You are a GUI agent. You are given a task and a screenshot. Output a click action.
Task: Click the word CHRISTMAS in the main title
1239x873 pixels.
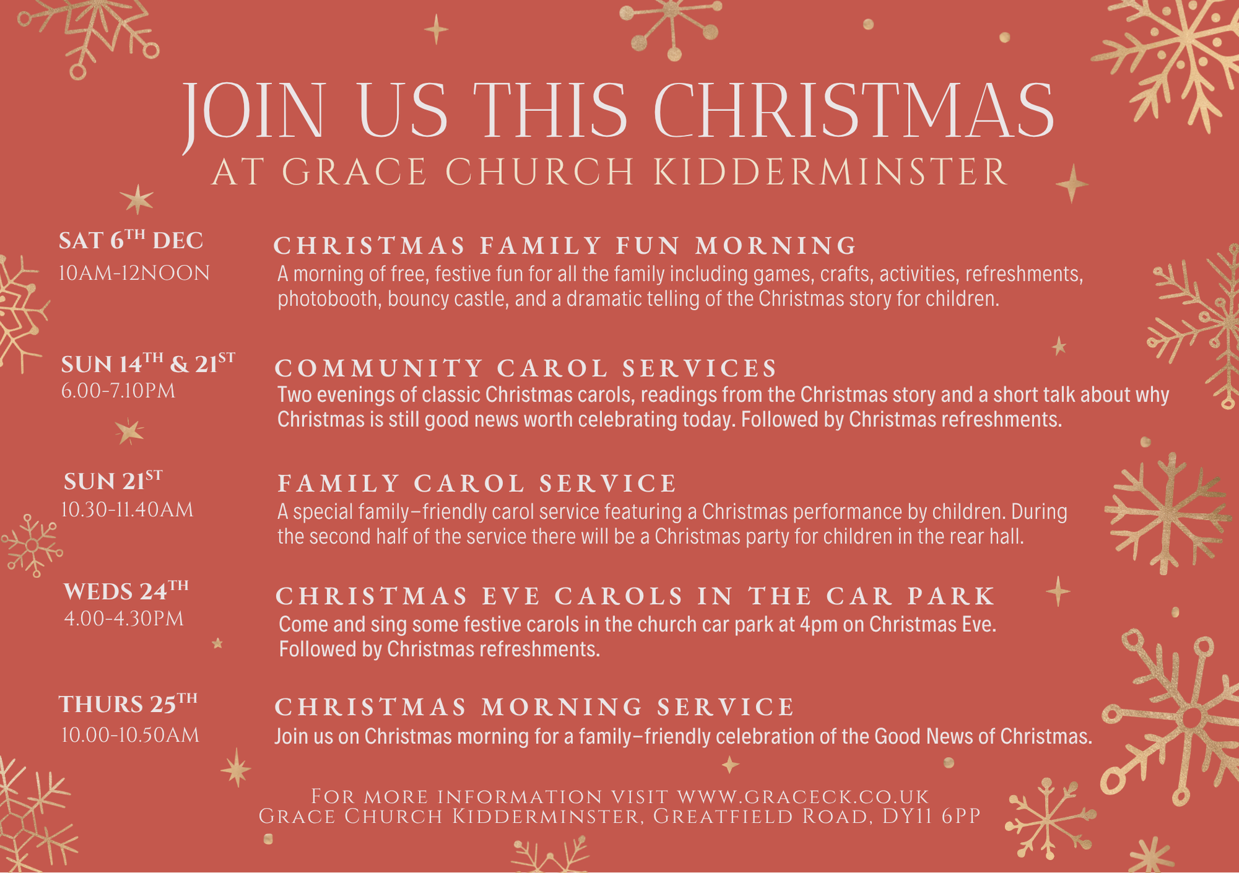[x=854, y=111]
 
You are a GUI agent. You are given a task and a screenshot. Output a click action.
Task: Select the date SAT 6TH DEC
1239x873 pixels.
[x=131, y=240]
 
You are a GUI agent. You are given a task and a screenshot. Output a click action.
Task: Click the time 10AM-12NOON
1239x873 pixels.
[x=134, y=273]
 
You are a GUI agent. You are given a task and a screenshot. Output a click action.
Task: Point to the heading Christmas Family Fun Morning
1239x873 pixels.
[x=565, y=245]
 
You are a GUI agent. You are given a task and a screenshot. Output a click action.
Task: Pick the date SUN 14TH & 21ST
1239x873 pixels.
[x=148, y=363]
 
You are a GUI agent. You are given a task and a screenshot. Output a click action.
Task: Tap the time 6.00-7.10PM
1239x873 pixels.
[x=118, y=391]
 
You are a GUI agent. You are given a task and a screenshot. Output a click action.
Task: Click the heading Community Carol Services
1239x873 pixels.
[x=525, y=368]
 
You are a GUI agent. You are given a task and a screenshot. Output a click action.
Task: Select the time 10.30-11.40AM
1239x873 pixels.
[x=127, y=510]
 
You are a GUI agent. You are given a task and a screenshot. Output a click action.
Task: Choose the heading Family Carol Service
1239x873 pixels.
[x=477, y=483]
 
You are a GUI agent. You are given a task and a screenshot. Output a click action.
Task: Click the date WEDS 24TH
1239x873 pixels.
[x=126, y=590]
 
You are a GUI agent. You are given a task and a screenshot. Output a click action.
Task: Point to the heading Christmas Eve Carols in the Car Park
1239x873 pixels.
[x=635, y=596]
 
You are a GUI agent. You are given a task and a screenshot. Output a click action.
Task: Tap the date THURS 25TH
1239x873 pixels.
[x=128, y=703]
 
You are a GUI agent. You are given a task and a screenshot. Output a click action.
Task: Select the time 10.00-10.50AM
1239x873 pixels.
[x=130, y=735]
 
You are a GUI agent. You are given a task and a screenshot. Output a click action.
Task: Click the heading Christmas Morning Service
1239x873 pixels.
[x=535, y=707]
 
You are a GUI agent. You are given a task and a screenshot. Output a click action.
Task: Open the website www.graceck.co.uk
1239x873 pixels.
[x=803, y=796]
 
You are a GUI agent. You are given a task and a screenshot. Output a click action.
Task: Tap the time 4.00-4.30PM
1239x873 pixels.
[x=124, y=619]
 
